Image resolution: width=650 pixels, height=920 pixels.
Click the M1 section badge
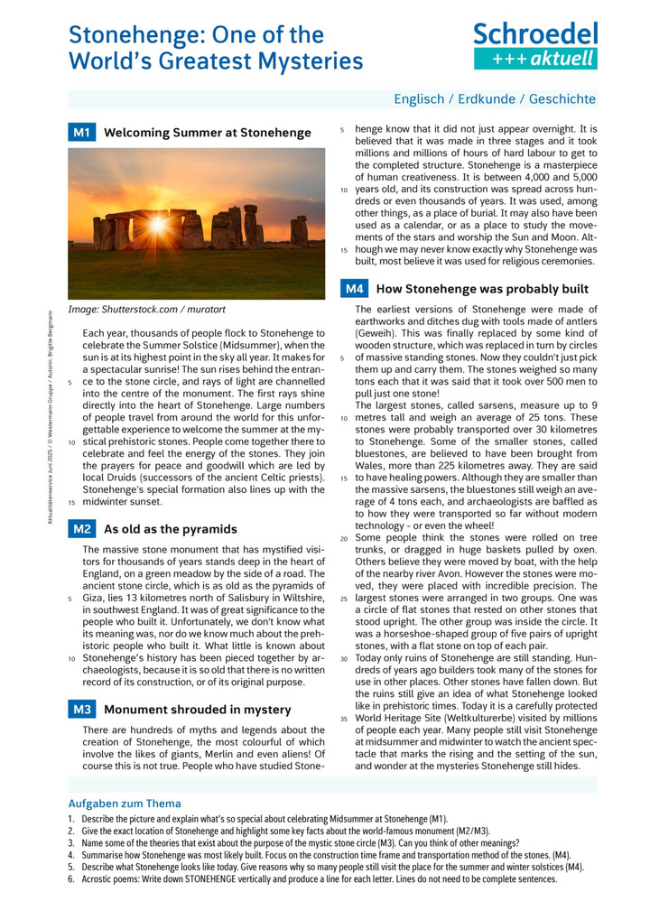click(x=81, y=133)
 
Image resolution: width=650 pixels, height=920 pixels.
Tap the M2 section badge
click(x=81, y=529)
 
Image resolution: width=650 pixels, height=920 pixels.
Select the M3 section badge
click(x=81, y=710)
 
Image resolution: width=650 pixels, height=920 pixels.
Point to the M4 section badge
click(x=354, y=289)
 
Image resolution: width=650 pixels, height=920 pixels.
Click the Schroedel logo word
click(x=535, y=33)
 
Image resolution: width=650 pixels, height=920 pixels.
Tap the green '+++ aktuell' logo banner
click(x=535, y=59)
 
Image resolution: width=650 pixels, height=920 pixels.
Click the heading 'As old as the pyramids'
click(x=171, y=529)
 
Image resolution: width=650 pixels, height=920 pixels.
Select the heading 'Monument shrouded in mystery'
click(x=198, y=710)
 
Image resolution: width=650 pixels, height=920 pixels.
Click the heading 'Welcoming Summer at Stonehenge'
click(x=208, y=133)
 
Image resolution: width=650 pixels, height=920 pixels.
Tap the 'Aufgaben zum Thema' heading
click(x=125, y=804)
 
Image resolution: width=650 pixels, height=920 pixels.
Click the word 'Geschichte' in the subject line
click(x=562, y=99)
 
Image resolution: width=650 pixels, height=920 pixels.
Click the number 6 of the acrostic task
click(x=71, y=878)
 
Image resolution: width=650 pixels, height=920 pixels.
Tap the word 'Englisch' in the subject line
click(x=422, y=99)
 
